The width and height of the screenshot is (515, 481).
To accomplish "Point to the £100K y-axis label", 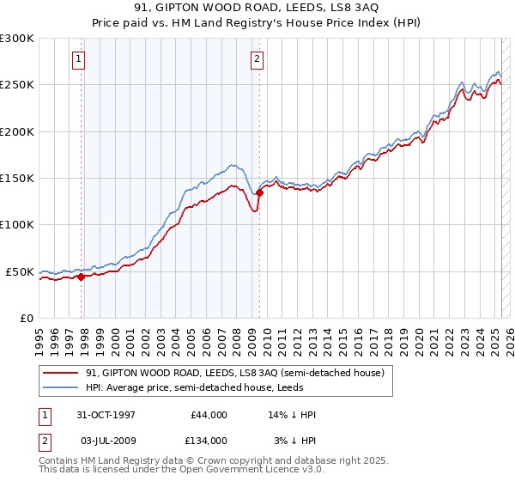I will tap(18, 225).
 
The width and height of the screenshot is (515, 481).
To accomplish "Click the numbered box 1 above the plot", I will tap(78, 59).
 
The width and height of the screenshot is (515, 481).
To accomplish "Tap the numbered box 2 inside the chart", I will tap(257, 59).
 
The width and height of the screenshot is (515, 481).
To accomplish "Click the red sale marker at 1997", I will tap(82, 277).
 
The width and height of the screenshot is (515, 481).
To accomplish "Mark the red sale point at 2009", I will tap(258, 192).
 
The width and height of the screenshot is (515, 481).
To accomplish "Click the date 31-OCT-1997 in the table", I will tap(107, 415).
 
